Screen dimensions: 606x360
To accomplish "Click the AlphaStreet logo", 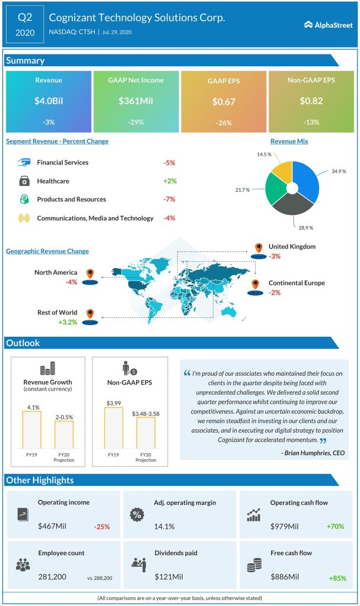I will coord(327,24).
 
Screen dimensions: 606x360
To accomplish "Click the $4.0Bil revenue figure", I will coord(49,101).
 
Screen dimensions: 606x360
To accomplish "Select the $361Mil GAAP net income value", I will coord(136,101).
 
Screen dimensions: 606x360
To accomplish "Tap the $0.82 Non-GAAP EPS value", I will coord(311,101).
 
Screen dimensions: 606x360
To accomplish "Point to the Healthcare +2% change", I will coord(169,181).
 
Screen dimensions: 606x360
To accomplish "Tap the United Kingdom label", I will coord(292,247).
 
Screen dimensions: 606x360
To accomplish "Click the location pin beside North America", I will coord(90,274).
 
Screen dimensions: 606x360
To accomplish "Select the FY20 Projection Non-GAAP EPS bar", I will coord(146,435).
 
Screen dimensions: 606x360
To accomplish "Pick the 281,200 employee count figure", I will coord(53,576).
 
